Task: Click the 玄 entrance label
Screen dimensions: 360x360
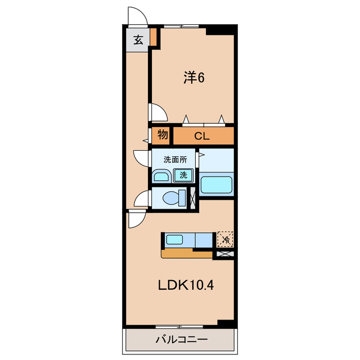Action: tap(137, 39)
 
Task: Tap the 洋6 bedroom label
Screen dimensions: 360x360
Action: tap(193, 78)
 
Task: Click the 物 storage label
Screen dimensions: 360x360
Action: tap(163, 135)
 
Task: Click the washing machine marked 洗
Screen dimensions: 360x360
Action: tap(183, 175)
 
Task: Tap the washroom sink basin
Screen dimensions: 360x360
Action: tap(161, 177)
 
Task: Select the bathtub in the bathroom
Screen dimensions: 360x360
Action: tap(216, 184)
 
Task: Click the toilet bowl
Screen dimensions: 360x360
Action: tap(172, 198)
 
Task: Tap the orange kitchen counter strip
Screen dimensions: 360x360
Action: tap(187, 254)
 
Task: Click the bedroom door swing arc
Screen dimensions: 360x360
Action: tap(157, 112)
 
